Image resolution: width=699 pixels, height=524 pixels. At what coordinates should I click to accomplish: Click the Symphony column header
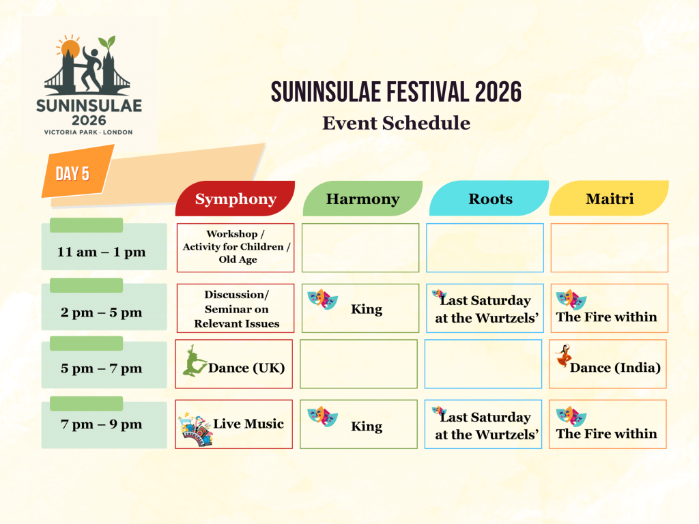tap(236, 199)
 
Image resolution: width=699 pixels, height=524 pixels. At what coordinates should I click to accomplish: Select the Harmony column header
tap(362, 199)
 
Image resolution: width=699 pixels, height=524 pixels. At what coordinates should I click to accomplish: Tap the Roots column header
tap(489, 199)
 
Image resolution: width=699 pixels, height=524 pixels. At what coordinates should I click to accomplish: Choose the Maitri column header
tap(609, 199)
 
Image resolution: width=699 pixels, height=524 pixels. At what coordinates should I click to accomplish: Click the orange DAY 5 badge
tap(72, 173)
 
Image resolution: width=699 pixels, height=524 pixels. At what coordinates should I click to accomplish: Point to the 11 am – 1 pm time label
tap(102, 252)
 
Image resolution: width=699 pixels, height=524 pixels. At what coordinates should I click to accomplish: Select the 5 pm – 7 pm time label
tap(102, 368)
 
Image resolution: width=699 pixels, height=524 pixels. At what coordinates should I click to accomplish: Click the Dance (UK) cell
tap(234, 364)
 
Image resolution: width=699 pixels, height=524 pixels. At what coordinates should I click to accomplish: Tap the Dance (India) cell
tap(608, 364)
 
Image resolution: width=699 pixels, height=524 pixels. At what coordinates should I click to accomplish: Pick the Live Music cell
tap(234, 424)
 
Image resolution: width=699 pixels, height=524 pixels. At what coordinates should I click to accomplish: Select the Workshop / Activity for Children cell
tap(236, 247)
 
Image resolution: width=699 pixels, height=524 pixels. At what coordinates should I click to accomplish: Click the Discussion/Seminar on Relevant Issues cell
tap(236, 308)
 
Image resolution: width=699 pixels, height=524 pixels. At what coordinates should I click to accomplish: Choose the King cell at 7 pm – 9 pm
tap(359, 424)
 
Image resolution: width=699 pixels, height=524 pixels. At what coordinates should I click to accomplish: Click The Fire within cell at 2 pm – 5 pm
tap(610, 308)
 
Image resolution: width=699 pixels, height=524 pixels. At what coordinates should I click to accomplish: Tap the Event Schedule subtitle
tap(396, 123)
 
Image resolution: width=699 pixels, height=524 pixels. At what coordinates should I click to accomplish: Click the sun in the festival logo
tap(69, 48)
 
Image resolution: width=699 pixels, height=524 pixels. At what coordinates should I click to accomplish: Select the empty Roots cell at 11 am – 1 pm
tap(485, 248)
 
